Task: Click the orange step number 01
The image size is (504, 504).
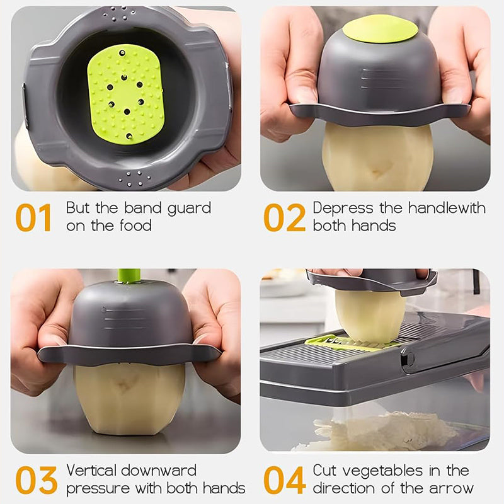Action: coord(33,217)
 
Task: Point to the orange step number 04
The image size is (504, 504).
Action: coord(284,480)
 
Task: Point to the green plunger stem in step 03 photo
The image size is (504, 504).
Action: coord(129,275)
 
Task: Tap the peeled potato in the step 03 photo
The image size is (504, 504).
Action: coord(129,397)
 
